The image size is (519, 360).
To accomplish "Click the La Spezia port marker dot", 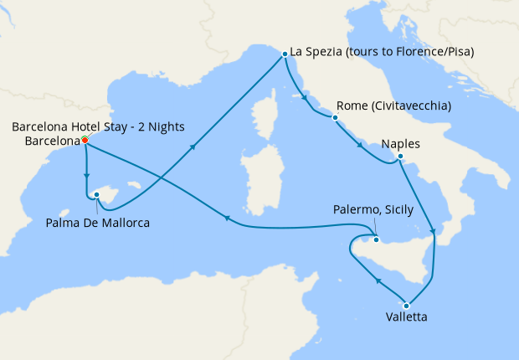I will tap(285, 53).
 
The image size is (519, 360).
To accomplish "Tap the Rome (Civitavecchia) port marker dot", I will tap(334, 118).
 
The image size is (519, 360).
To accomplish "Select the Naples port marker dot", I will tap(401, 157).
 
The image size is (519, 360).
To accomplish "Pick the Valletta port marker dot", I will tap(407, 305).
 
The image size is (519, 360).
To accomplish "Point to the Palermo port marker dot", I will tap(377, 240).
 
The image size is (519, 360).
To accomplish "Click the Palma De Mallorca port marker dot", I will tap(97, 195).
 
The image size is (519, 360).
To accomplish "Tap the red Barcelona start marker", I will tap(85, 141).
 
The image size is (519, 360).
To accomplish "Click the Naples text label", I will tap(400, 144).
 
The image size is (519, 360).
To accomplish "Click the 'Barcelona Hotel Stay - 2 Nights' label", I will tap(98, 127).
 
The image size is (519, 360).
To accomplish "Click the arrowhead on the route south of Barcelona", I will tap(87, 176).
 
